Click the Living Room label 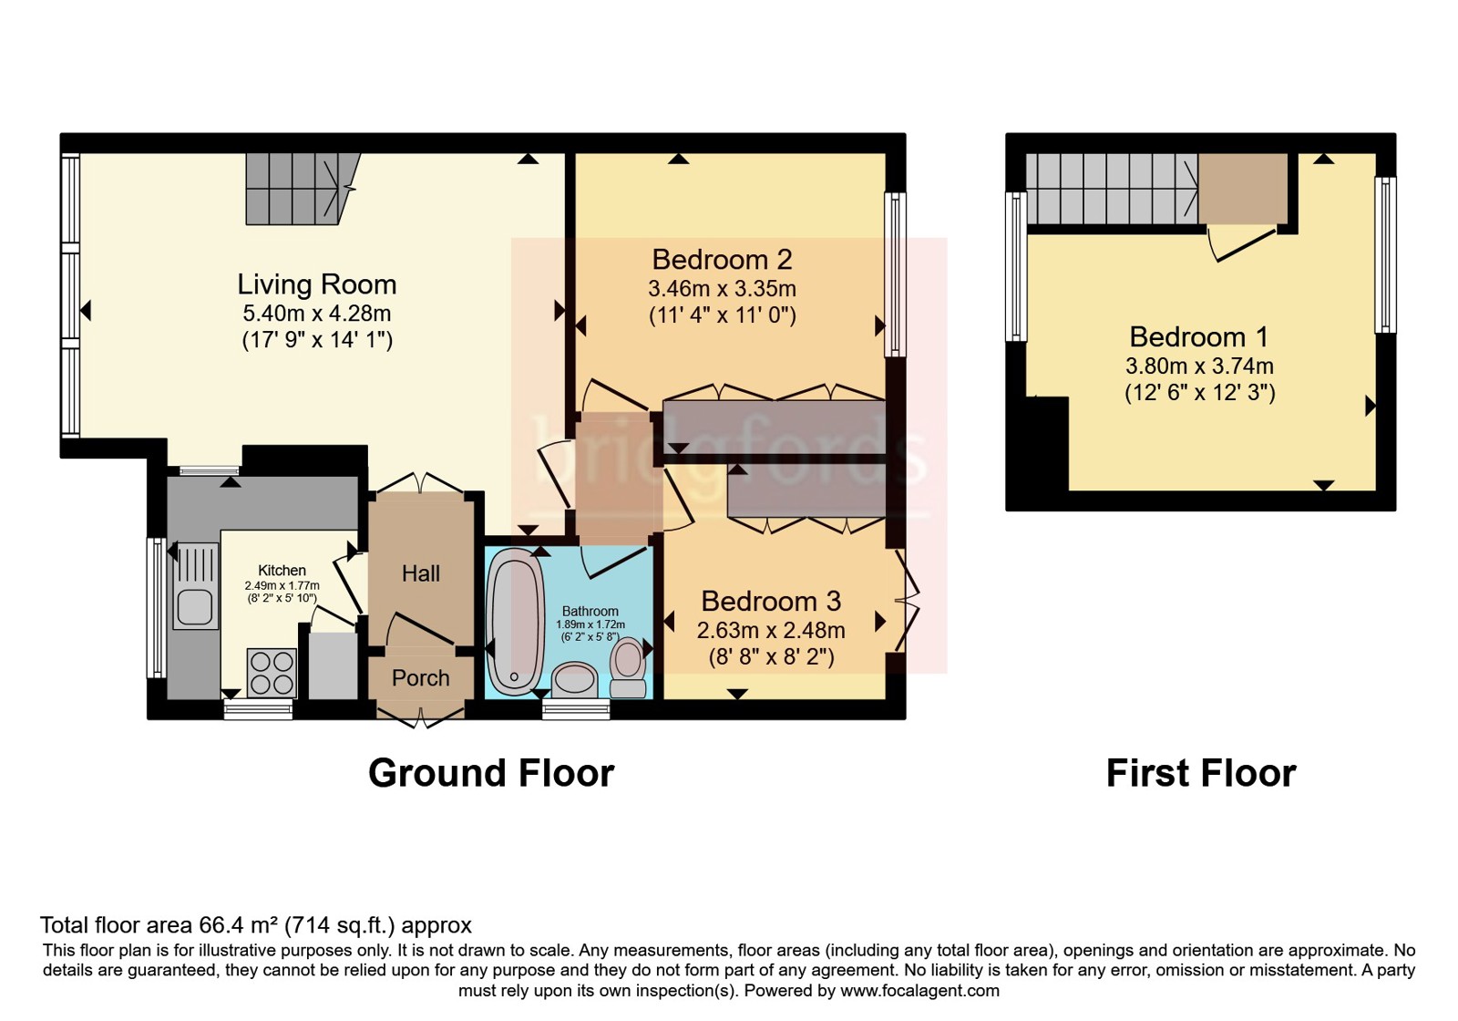click(316, 284)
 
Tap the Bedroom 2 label click(722, 260)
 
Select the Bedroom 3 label click(771, 601)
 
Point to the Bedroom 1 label click(1199, 336)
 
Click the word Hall click(420, 573)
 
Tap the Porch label click(420, 678)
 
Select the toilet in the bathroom click(628, 666)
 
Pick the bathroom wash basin click(574, 680)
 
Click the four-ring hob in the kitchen click(272, 673)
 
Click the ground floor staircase click(303, 189)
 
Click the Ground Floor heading click(491, 773)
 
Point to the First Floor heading click(1201, 773)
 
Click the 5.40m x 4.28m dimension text click(317, 314)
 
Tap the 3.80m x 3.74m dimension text click(1199, 366)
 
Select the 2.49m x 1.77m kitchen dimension click(282, 585)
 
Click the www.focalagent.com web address click(919, 991)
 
